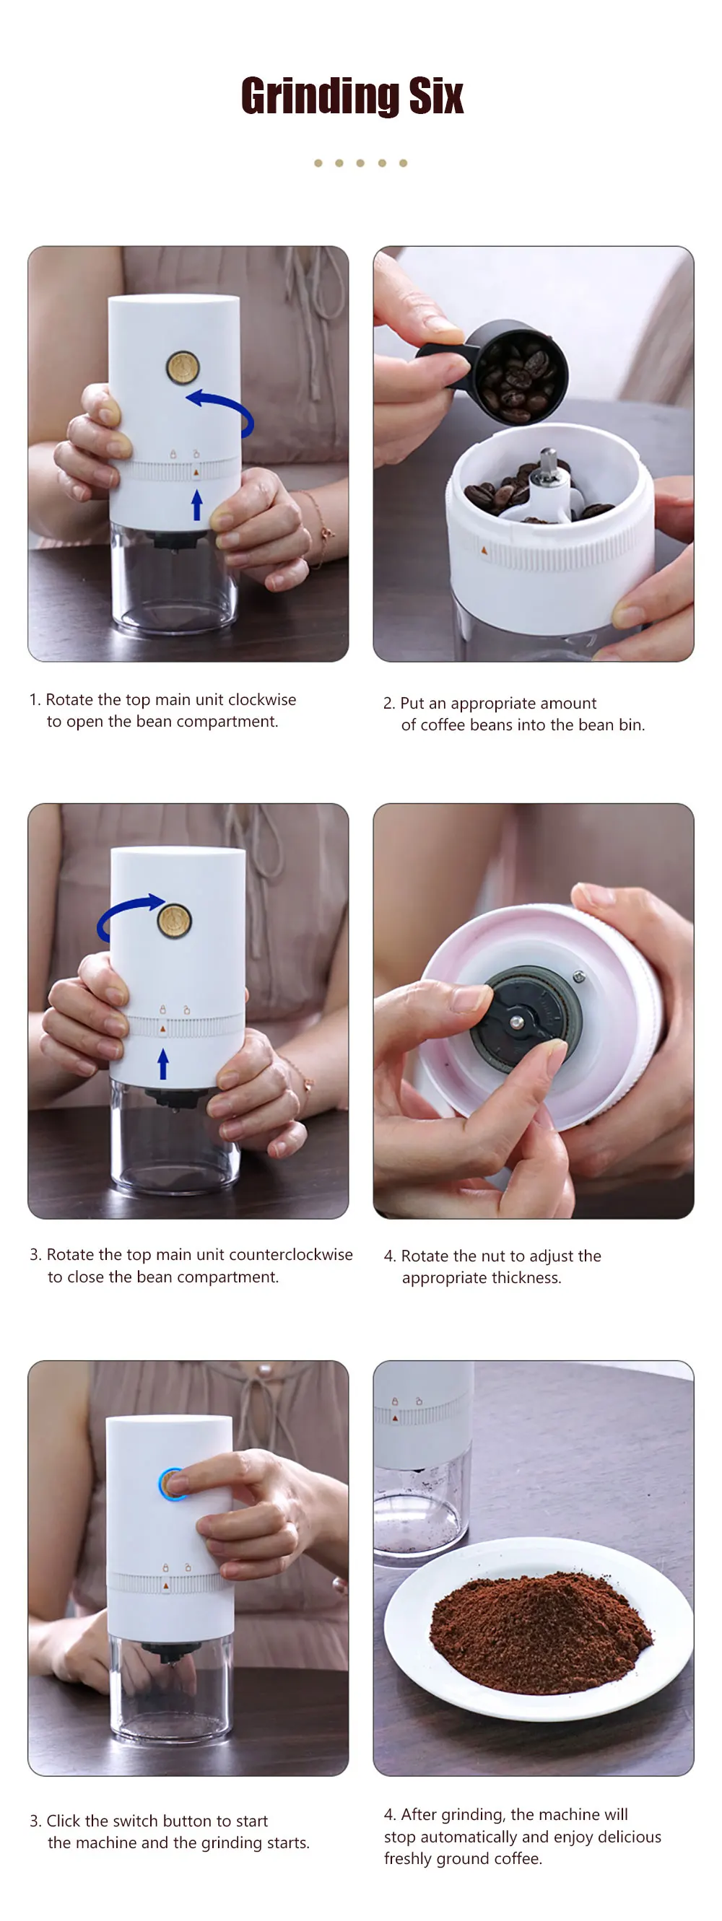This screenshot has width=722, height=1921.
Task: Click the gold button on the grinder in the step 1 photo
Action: pos(182,367)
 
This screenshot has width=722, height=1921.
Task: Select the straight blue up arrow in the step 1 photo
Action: pos(197,504)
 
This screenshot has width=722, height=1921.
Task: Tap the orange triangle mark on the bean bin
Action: pos(484,551)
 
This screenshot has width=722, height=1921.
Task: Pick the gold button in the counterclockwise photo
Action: pos(175,919)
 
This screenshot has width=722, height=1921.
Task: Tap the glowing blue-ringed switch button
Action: pos(174,1484)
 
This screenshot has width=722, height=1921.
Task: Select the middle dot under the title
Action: pos(361,162)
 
